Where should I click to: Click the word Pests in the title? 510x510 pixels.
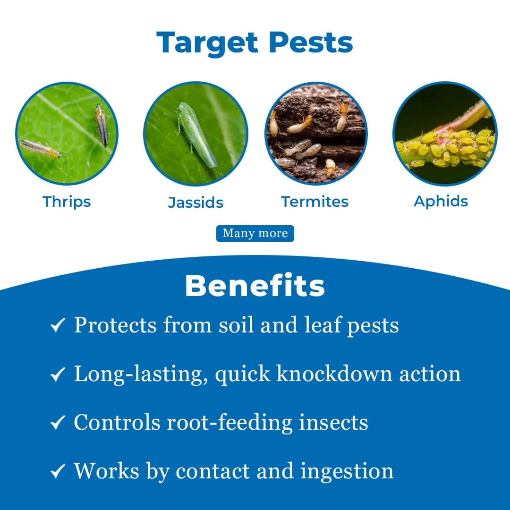coord(311,42)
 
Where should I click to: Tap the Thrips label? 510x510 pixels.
coord(67,202)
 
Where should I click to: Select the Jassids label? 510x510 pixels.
coord(195,203)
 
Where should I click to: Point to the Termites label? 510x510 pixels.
coord(315,202)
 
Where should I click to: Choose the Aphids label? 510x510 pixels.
coord(441,201)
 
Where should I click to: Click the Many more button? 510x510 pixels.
coord(255,233)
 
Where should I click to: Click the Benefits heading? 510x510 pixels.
coord(255,286)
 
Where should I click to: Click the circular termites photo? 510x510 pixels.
coord(315,134)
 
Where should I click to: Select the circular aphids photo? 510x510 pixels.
coord(444,134)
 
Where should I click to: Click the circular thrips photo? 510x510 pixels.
coord(67,134)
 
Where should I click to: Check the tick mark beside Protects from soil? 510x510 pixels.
coord(58,326)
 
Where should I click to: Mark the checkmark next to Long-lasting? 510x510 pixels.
coord(58,374)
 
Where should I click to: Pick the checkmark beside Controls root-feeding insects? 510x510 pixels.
coord(58,423)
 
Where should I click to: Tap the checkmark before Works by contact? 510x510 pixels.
coord(58,471)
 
